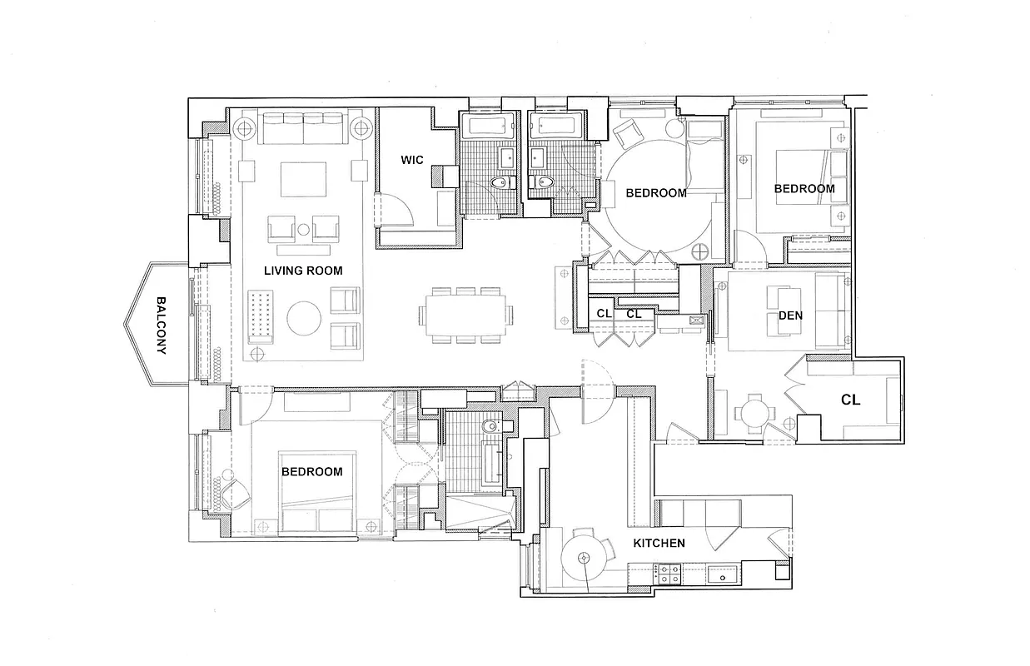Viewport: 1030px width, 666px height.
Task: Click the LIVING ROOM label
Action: (303, 271)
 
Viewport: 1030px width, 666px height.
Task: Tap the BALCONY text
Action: (162, 326)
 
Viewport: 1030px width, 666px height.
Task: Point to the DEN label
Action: (790, 316)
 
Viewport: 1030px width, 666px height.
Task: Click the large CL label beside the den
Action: (850, 400)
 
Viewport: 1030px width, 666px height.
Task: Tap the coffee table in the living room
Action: (303, 178)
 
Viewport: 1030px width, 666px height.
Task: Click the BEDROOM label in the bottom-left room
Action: (311, 471)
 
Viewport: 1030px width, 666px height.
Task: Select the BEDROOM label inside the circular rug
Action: (656, 193)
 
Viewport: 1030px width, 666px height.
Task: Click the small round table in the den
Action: (752, 411)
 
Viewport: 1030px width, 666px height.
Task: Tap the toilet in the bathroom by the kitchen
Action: (490, 426)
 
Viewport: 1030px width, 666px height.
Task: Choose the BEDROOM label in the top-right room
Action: (804, 189)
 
